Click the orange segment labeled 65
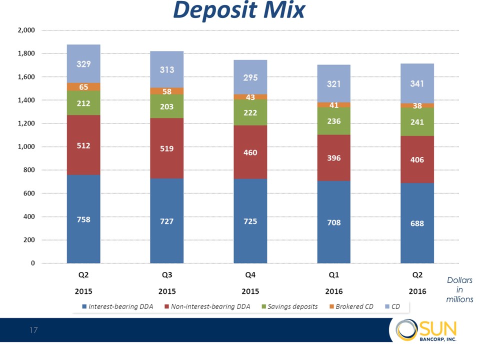[83, 87]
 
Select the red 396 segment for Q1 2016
[333, 158]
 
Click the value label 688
[417, 223]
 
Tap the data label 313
[167, 70]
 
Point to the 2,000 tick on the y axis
[25, 30]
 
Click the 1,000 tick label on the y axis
[25, 146]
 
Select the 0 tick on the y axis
[32, 263]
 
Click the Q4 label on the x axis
[250, 275]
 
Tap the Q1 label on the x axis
[333, 275]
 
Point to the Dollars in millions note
[459, 290]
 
